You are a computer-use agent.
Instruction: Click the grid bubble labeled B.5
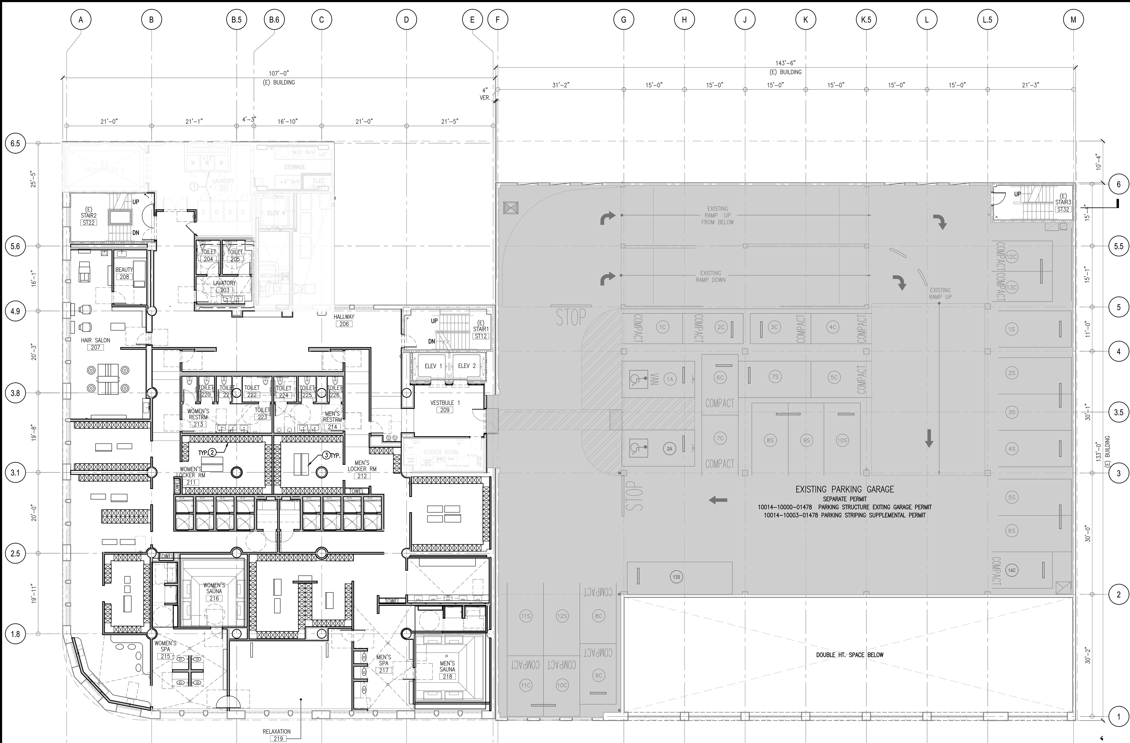point(236,20)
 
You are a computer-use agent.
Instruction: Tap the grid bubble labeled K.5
point(866,20)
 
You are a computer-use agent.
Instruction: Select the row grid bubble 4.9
point(15,311)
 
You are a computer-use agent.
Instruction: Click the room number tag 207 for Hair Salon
point(96,348)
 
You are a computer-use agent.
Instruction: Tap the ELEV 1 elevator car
point(433,366)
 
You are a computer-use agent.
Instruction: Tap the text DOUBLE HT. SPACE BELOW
point(849,655)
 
